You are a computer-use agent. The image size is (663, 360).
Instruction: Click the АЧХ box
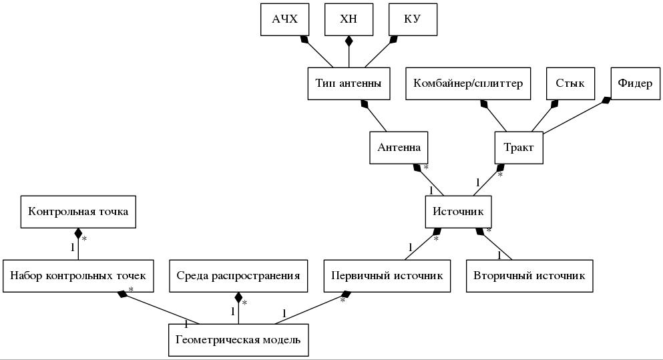[x=284, y=19]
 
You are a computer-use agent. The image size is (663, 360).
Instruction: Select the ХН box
[x=349, y=19]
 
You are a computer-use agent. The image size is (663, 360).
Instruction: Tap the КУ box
[x=413, y=19]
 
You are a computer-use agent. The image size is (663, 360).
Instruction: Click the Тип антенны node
[x=349, y=83]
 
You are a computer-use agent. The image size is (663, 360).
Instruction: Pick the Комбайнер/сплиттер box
[x=468, y=83]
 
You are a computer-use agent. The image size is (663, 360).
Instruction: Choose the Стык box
[x=570, y=83]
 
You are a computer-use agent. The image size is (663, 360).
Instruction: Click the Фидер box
[x=635, y=83]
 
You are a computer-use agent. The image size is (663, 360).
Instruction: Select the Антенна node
[x=399, y=148]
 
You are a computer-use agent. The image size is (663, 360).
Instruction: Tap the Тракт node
[x=519, y=148]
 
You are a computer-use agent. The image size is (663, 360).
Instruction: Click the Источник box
[x=458, y=212]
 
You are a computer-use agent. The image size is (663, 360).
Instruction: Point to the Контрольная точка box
[x=78, y=212]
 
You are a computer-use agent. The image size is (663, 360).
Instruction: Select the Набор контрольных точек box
[x=78, y=276]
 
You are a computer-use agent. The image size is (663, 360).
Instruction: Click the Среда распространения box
[x=238, y=276]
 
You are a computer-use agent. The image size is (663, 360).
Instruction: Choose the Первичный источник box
[x=387, y=276]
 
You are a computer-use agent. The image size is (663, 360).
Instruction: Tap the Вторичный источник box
[x=529, y=276]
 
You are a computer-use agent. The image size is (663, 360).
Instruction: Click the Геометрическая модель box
[x=238, y=340]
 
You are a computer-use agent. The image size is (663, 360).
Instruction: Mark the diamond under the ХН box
[x=349, y=41]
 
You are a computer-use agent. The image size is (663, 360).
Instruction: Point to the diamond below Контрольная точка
[x=78, y=234]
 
